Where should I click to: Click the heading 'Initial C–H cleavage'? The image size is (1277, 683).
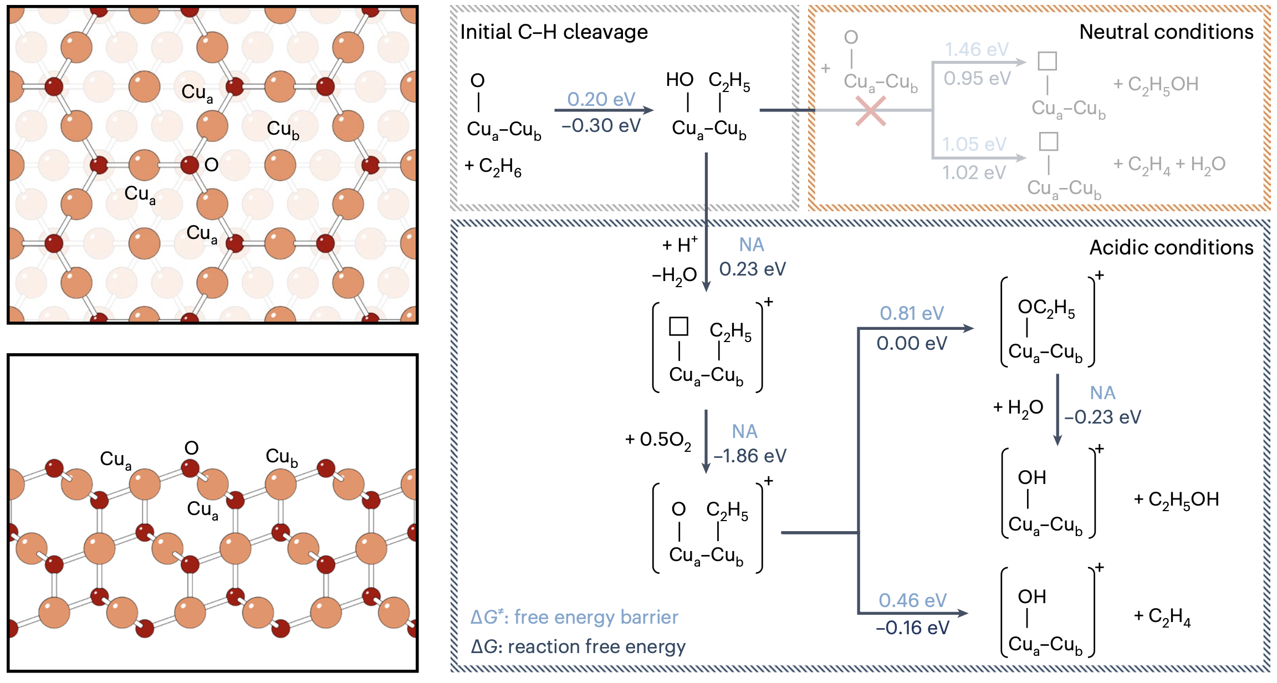click(554, 32)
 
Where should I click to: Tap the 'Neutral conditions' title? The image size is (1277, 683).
click(1166, 32)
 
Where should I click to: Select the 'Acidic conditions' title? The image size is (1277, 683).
click(1171, 247)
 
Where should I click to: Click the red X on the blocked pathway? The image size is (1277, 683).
click(870, 111)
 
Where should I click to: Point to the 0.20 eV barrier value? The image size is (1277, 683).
click(601, 99)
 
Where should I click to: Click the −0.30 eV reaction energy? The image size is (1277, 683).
click(601, 126)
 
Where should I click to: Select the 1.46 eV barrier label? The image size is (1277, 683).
click(977, 49)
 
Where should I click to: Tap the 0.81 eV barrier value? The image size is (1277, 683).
click(912, 313)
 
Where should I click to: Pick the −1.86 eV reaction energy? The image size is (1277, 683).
click(749, 456)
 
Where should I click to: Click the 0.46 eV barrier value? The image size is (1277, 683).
click(912, 600)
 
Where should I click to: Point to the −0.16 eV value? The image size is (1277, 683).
click(912, 628)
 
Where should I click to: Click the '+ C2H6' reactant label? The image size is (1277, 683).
click(493, 166)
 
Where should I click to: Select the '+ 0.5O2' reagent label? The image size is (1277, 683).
click(658, 440)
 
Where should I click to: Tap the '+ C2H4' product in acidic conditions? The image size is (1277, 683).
click(1162, 616)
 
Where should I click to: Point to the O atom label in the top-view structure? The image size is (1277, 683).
click(211, 165)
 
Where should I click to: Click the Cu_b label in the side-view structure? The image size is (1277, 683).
click(282, 457)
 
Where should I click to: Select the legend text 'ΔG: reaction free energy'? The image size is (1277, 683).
click(578, 646)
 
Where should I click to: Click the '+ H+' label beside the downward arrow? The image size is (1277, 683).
click(680, 244)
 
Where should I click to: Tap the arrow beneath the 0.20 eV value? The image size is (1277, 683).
click(604, 110)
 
